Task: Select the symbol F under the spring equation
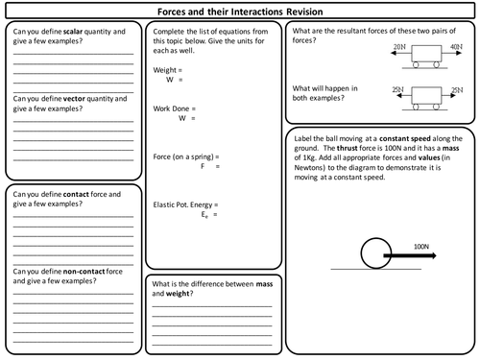click(x=202, y=166)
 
